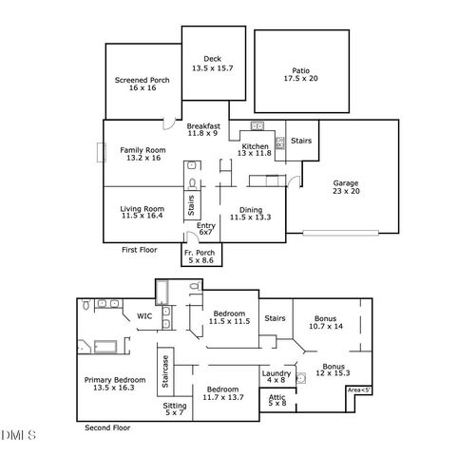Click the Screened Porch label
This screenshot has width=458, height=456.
coord(142,85)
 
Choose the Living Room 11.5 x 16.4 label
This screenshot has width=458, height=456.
coord(142,213)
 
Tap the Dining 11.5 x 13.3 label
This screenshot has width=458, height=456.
coord(250,213)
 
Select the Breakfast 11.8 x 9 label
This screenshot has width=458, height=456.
coord(203,130)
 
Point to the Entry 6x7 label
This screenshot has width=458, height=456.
coord(205,229)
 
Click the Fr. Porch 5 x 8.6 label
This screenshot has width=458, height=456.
coord(200,256)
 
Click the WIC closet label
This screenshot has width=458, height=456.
coord(144,315)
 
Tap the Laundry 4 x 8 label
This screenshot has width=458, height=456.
coord(276,377)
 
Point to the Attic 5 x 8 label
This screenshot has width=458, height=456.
coord(277,400)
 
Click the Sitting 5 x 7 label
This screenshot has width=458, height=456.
coord(175,408)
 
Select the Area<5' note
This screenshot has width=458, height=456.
coord(358,389)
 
